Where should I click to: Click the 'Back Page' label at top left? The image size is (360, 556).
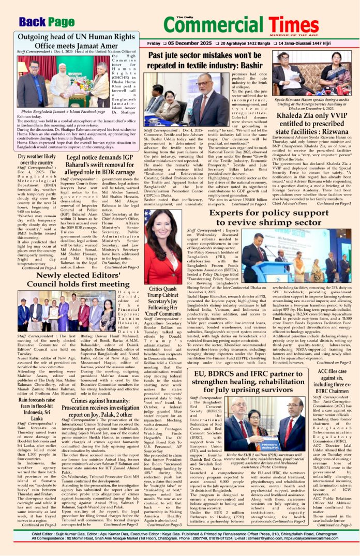47,22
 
